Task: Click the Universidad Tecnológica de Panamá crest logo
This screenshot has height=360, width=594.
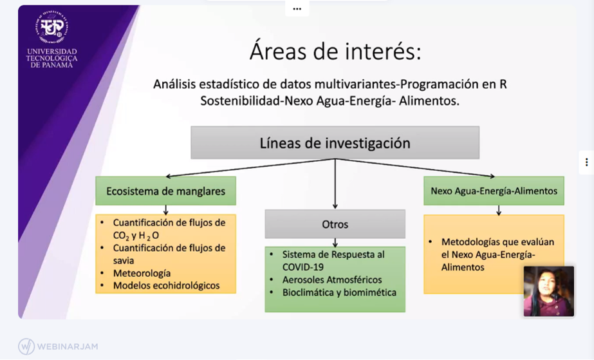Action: coord(52,27)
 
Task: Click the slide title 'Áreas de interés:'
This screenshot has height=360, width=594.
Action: coord(335,51)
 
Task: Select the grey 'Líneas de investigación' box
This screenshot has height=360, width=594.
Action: coord(335,142)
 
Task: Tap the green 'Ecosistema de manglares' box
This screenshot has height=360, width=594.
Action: coord(165,191)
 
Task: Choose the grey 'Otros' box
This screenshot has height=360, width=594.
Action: coord(335,224)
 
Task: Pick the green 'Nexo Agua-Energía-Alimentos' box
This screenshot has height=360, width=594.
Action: coord(494,191)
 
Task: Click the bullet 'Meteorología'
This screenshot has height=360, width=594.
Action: coord(142,273)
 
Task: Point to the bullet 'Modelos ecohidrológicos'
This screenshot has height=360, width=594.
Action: coord(166,285)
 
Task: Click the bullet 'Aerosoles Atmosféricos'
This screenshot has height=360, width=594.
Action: coord(332,279)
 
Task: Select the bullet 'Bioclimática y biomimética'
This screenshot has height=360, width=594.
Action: coord(339,292)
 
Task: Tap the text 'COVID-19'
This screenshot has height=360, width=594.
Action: coord(302,267)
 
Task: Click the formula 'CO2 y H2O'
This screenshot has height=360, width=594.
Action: coord(136,236)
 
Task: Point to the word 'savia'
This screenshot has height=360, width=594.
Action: coord(124,261)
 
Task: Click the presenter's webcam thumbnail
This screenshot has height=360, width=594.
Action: coord(549,291)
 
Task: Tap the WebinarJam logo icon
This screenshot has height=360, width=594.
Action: coord(26,346)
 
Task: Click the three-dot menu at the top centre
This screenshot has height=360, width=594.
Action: coord(297,9)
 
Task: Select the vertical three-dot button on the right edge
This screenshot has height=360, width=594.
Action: coord(586,162)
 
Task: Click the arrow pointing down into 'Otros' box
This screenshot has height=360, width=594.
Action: coord(335,184)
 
